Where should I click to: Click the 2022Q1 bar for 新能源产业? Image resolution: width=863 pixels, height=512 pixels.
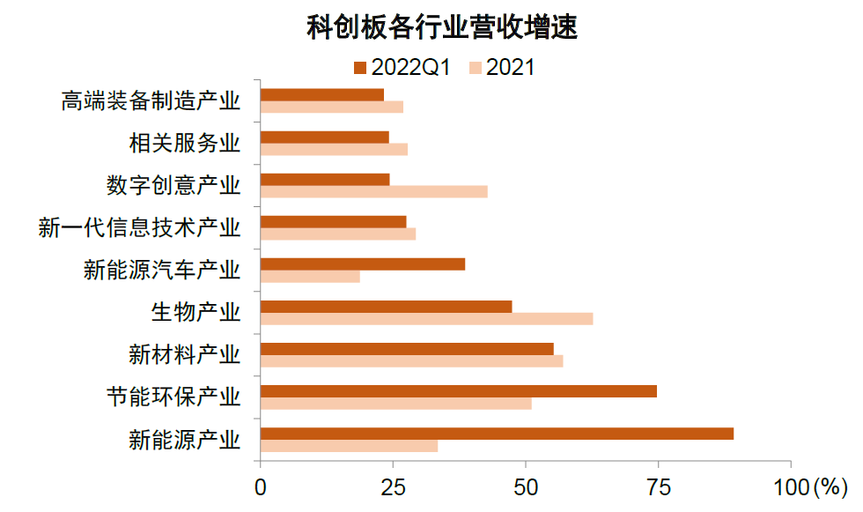coord(497,434)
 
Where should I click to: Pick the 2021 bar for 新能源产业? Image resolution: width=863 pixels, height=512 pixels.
coord(349,446)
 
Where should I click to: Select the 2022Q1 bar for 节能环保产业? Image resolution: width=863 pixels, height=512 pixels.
coord(459,391)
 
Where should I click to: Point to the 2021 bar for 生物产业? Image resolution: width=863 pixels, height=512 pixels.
coord(427,319)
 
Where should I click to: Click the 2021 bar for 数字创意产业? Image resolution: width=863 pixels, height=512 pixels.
coord(374,191)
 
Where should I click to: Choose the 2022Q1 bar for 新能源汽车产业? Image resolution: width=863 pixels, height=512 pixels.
coord(363,264)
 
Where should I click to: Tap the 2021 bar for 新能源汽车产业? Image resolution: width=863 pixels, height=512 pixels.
coord(310,277)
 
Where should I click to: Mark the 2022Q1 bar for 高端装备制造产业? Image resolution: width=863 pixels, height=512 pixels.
coord(322,94)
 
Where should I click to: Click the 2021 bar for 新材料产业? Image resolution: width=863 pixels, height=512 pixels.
coord(412,360)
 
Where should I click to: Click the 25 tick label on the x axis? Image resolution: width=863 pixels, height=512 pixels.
coord(393,486)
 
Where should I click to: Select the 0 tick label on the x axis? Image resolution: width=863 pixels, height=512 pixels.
coord(261,486)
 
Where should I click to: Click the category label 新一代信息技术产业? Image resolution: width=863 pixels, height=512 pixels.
coord(139,227)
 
